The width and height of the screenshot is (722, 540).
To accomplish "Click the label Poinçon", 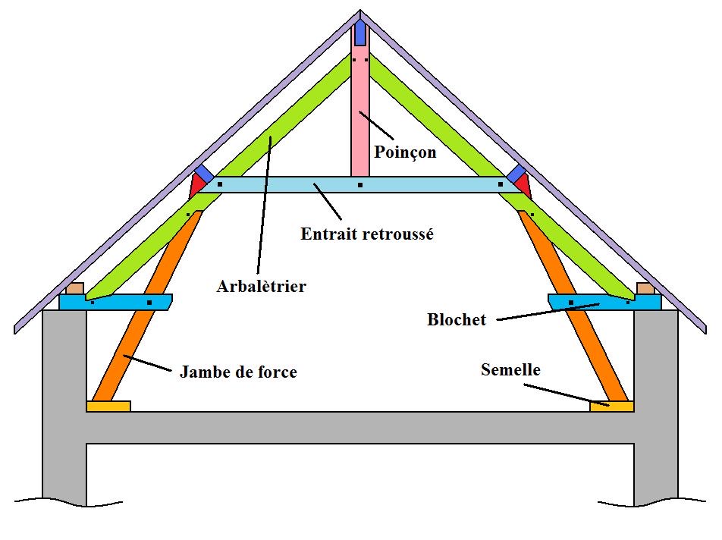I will [405, 152].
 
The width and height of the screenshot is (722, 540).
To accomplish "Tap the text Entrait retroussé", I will [367, 234].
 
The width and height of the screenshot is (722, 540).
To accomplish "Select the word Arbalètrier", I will [261, 287].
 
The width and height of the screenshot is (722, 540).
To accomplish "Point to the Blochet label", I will [456, 320].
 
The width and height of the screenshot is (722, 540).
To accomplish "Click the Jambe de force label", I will [238, 372].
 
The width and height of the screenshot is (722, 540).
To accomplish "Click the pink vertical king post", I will [359, 114].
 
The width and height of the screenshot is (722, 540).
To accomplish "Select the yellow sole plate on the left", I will [108, 407].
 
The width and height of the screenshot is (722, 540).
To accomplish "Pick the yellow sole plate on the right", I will [611, 407].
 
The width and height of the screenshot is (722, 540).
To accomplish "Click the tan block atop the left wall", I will [74, 288].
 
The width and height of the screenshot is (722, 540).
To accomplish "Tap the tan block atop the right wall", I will [645, 288].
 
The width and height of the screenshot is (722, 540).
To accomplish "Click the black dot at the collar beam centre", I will [359, 185].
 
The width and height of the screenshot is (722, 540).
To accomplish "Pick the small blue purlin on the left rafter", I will [203, 172].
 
